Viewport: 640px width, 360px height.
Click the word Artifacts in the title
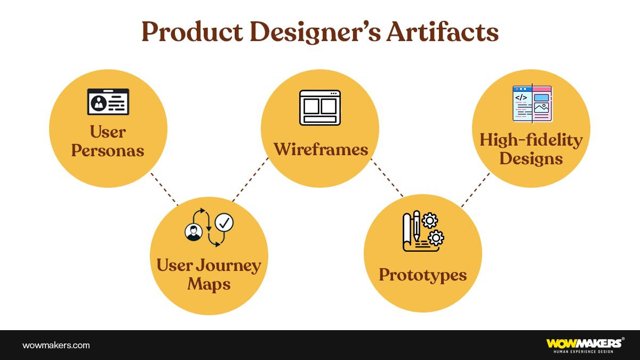[442, 32]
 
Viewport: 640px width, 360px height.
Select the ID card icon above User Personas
[108, 102]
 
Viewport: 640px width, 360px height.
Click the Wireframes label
[321, 149]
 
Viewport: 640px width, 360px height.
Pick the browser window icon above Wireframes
[320, 108]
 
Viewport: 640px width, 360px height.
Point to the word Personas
[108, 150]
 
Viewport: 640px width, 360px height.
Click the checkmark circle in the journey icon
[224, 223]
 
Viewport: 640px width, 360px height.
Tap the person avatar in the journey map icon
[193, 232]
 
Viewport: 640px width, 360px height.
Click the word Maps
[209, 284]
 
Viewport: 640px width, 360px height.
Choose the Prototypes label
[423, 275]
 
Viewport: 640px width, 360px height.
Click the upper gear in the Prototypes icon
[429, 220]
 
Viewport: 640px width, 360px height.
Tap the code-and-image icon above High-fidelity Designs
[532, 103]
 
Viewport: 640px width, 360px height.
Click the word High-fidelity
[531, 140]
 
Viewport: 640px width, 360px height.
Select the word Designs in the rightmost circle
[531, 158]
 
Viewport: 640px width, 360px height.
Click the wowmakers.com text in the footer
[56, 345]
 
